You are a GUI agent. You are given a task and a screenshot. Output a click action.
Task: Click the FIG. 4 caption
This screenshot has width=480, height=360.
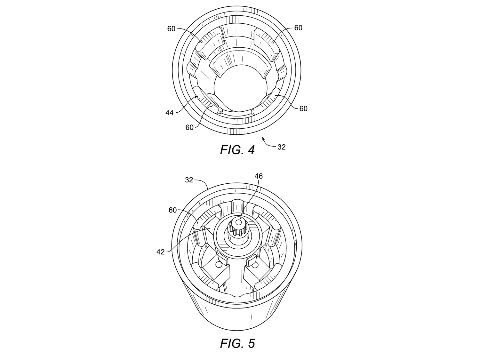[x=237, y=150]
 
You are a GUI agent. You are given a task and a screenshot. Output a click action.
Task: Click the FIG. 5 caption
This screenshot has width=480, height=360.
[x=237, y=343]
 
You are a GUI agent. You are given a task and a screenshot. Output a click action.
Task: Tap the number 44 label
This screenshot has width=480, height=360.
[x=170, y=113]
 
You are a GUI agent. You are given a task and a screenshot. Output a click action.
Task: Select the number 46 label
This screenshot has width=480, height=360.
[x=259, y=176]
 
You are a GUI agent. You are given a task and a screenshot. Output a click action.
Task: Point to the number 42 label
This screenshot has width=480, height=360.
[x=161, y=252]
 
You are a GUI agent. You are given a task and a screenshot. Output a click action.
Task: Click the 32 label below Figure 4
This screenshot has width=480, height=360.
[x=282, y=147]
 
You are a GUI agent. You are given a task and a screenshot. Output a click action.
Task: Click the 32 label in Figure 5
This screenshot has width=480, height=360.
[x=189, y=180]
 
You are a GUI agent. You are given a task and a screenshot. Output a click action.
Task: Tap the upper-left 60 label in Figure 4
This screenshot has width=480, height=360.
[x=172, y=28]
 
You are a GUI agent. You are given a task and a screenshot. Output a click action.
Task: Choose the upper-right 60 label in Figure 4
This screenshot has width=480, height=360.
[x=298, y=28]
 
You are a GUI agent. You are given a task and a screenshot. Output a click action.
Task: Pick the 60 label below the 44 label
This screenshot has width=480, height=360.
[x=189, y=127]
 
